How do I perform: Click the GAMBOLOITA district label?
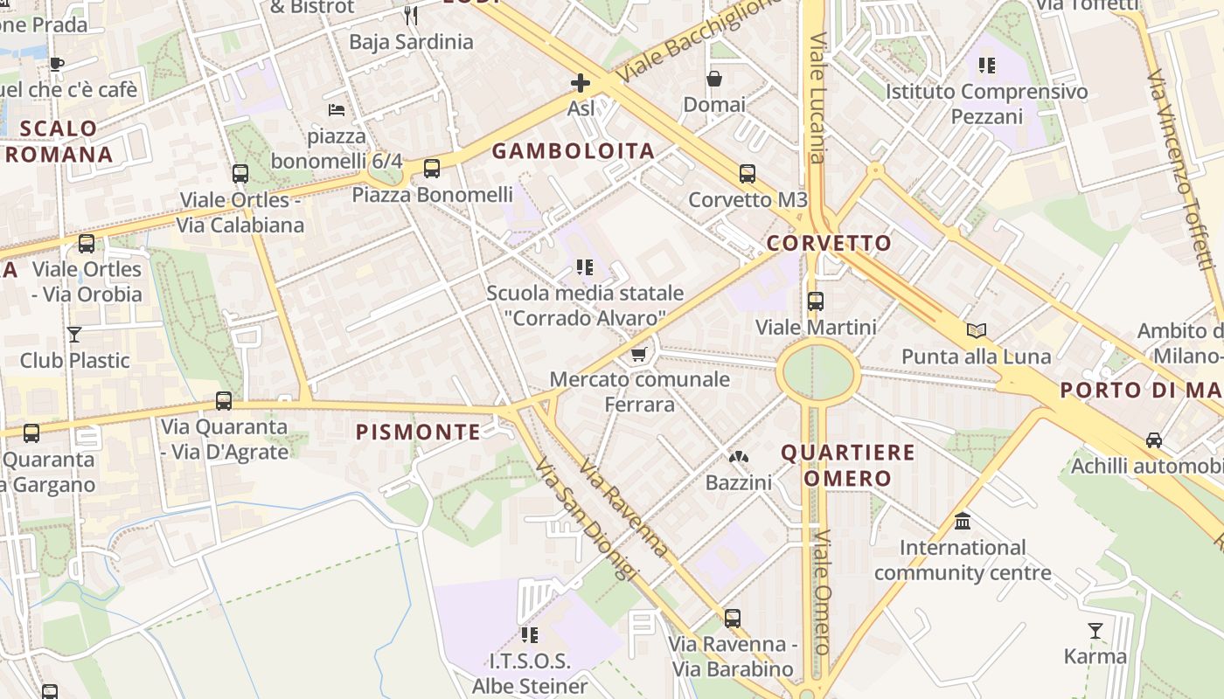click(573, 151)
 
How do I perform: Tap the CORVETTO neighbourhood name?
click(829, 243)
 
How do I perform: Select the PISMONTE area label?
click(418, 432)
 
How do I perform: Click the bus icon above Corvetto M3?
click(747, 174)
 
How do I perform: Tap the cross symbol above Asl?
click(580, 83)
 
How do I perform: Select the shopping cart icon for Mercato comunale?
click(639, 354)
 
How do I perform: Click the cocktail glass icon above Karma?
click(1095, 630)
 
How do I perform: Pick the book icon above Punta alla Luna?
click(976, 330)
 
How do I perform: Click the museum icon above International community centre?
click(963, 522)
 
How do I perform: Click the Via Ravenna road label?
click(622, 509)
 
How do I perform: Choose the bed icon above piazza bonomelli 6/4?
click(337, 110)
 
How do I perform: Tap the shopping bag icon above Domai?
click(714, 79)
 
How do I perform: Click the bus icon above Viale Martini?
click(815, 301)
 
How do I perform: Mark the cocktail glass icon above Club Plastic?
click(74, 334)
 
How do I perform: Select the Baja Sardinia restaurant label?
click(411, 42)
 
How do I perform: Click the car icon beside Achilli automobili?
click(1154, 440)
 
